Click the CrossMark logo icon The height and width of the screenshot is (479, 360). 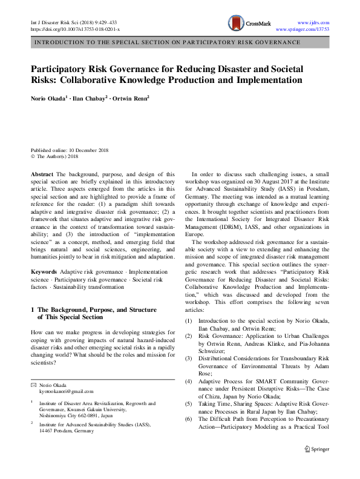236,24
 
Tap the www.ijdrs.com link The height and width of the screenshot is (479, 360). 313,21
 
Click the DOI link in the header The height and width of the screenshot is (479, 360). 75,29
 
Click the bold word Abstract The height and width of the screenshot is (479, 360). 42,173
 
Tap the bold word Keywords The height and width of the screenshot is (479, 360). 45,272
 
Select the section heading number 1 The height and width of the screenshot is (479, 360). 33,310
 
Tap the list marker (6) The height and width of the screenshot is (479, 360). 189,418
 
